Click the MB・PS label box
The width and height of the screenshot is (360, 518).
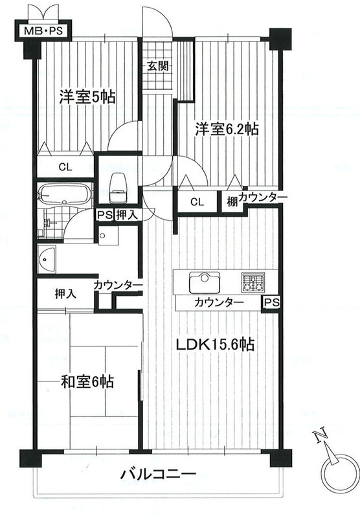[x=43, y=31]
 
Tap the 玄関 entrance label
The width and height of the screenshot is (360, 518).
[x=158, y=66]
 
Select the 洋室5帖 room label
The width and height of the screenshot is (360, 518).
[x=87, y=97]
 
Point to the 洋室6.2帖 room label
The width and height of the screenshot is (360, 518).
[x=227, y=129]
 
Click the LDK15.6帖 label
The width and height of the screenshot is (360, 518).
[x=215, y=344]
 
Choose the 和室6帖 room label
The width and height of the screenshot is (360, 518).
[x=87, y=381]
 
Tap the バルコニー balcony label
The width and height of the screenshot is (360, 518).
[x=158, y=475]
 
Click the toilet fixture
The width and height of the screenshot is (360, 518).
[x=118, y=187]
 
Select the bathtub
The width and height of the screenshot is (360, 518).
[x=64, y=195]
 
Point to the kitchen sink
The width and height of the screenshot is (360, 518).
[x=205, y=282]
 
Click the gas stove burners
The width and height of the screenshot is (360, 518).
[x=253, y=282]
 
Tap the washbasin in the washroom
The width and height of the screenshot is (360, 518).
[x=47, y=259]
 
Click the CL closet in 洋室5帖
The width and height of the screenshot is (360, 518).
[x=65, y=167]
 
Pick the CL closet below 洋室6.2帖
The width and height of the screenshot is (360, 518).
[x=197, y=201]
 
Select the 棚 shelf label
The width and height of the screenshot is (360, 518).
[x=232, y=201]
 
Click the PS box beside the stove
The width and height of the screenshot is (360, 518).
[x=272, y=302]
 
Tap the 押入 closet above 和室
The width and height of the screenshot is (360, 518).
[x=65, y=293]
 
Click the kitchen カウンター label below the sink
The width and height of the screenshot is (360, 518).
[x=219, y=302]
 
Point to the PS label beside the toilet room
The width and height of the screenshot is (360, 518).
[x=104, y=215]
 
